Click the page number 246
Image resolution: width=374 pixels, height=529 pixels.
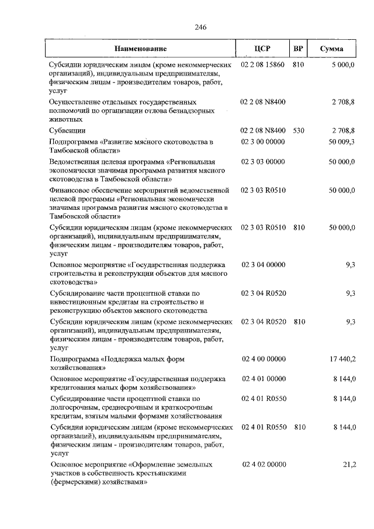[x=201, y=27]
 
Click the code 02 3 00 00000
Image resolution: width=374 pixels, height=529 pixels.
[x=262, y=141]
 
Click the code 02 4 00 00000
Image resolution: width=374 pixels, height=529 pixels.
[x=262, y=358]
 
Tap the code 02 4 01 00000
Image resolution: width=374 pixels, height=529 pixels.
[x=262, y=379]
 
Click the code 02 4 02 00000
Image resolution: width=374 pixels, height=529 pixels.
[x=262, y=464]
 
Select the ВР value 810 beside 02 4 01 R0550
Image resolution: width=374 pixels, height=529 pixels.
[x=299, y=427]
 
